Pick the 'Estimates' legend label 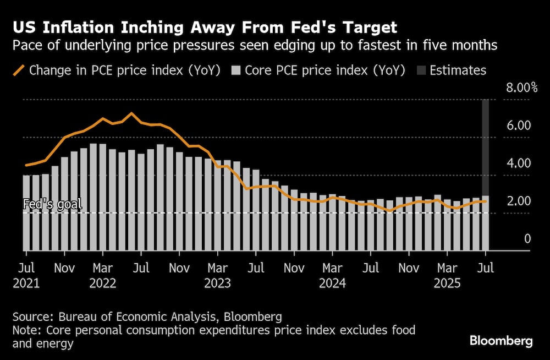coord(458,70)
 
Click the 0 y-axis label coord(527,239)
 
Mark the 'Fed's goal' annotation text coord(52,204)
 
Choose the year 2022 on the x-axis coord(102,283)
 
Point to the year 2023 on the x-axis coord(217,283)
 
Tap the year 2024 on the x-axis coord(332,283)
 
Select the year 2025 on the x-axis coord(447,283)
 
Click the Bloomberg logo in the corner coord(501,341)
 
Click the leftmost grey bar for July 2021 coord(26,212)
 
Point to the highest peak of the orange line coord(131,113)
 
